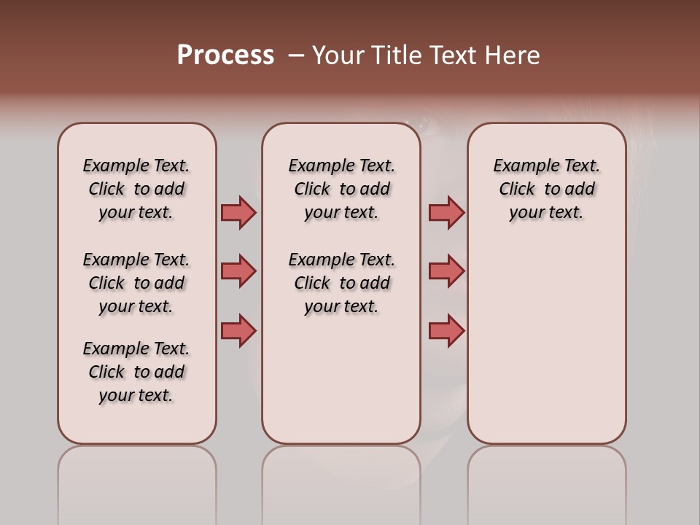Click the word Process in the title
pos(225,55)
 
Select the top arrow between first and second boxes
pos(238,212)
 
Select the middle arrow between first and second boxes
pos(238,271)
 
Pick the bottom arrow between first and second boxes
pos(238,330)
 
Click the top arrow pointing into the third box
pos(446,212)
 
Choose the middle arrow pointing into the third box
pos(446,271)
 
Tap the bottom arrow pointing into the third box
pos(446,330)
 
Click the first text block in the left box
pos(136,189)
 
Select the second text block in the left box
pos(136,283)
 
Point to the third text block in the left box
pos(136,372)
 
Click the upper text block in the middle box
pos(341,189)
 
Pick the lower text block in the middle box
pos(341,283)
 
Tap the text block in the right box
pos(546,189)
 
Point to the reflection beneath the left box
pos(137,481)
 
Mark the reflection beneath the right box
pos(546,481)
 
